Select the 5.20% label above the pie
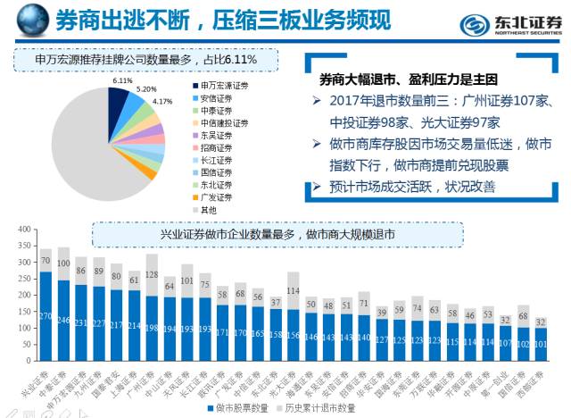[x=146, y=89]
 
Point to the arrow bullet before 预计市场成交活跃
[x=318, y=186]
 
